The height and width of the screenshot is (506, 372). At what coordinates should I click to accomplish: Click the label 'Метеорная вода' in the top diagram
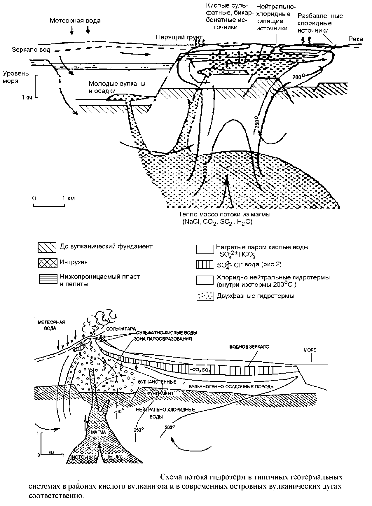tap(75, 21)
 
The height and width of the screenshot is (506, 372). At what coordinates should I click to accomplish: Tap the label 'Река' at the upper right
tap(355, 39)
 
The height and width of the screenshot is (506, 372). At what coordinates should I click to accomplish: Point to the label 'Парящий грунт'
tap(179, 37)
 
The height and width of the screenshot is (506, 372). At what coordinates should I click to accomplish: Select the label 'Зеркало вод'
tap(31, 50)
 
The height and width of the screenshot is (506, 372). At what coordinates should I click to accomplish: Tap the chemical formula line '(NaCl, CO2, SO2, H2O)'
tap(217, 222)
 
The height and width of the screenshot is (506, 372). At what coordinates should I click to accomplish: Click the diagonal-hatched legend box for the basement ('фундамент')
tap(47, 247)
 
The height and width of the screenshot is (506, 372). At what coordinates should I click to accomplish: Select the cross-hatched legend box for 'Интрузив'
tap(47, 263)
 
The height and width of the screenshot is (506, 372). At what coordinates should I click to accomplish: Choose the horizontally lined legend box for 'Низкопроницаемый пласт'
tap(47, 279)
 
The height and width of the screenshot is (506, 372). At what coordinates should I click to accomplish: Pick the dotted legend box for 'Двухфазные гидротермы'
tap(205, 296)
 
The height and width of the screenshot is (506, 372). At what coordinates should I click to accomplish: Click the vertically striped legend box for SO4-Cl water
tap(205, 265)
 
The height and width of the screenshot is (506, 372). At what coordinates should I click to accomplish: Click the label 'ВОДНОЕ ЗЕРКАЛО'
tap(249, 347)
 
